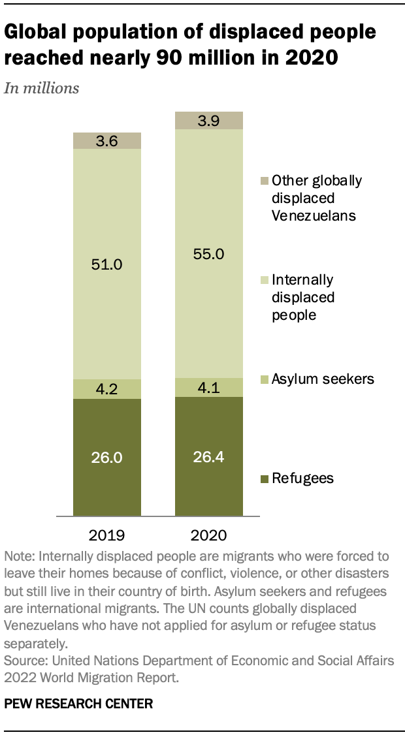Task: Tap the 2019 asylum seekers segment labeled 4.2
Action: [x=106, y=389]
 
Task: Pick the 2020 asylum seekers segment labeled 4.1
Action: [x=208, y=388]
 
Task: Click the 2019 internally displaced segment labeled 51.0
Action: [x=106, y=264]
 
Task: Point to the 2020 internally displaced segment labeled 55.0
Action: [x=208, y=254]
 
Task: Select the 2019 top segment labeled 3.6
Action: [x=106, y=140]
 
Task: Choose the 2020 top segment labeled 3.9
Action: [x=208, y=120]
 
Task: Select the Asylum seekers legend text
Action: [x=323, y=379]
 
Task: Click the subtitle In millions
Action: [x=42, y=89]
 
